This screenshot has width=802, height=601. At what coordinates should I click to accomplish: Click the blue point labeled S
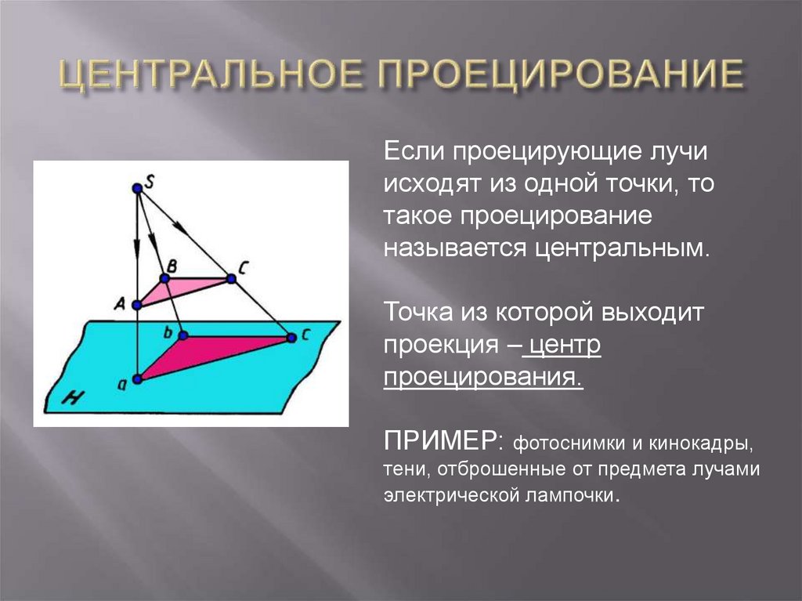pos(137,188)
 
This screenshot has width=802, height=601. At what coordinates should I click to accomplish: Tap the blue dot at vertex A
pos(137,305)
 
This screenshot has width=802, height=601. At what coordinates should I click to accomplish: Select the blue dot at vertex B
pos(165,278)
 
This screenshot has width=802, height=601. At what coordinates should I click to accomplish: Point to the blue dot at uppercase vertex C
pos(230,278)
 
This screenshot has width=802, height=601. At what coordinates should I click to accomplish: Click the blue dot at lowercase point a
pos(138,379)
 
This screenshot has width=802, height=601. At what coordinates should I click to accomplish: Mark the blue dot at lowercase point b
pos(183,336)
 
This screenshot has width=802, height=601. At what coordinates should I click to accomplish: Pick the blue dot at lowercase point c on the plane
pos(291,338)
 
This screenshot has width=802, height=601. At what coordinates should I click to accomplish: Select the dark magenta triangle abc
pos(196,352)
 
